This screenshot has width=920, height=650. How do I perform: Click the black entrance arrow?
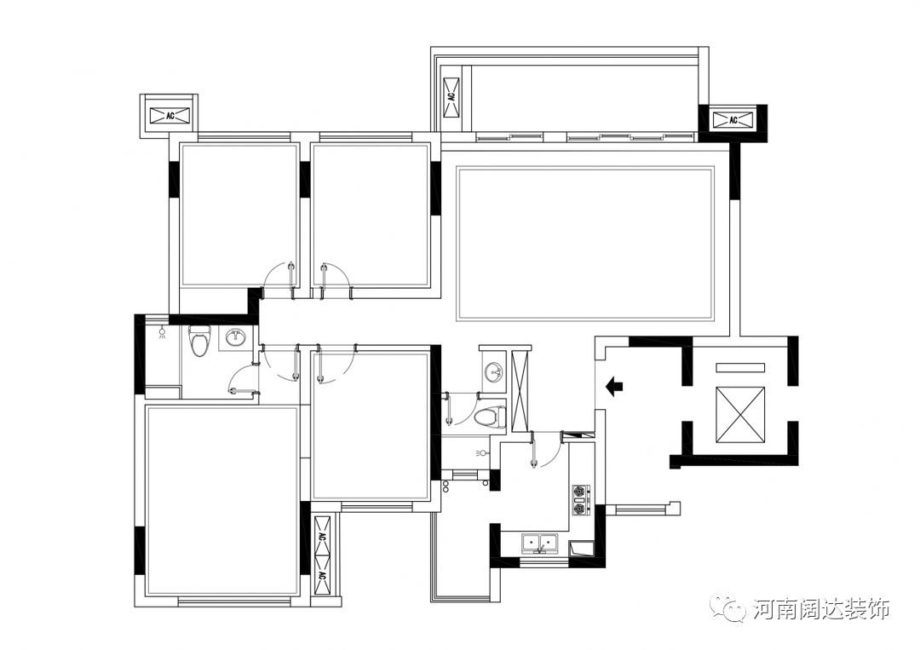click(613, 387)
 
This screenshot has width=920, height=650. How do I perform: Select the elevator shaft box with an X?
click(740, 415)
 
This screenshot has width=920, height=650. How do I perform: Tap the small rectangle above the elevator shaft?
click(740, 367)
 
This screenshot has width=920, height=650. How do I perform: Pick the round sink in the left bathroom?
click(238, 338)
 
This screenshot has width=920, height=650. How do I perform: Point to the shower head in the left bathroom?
click(163, 335)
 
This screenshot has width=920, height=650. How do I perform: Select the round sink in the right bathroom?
click(493, 371)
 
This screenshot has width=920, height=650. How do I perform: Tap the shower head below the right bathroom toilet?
click(480, 453)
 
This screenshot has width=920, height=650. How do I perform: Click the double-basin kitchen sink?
click(540, 543)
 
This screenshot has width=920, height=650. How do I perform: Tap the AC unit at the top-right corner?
click(733, 119)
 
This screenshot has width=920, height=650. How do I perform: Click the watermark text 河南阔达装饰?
click(821, 609)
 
